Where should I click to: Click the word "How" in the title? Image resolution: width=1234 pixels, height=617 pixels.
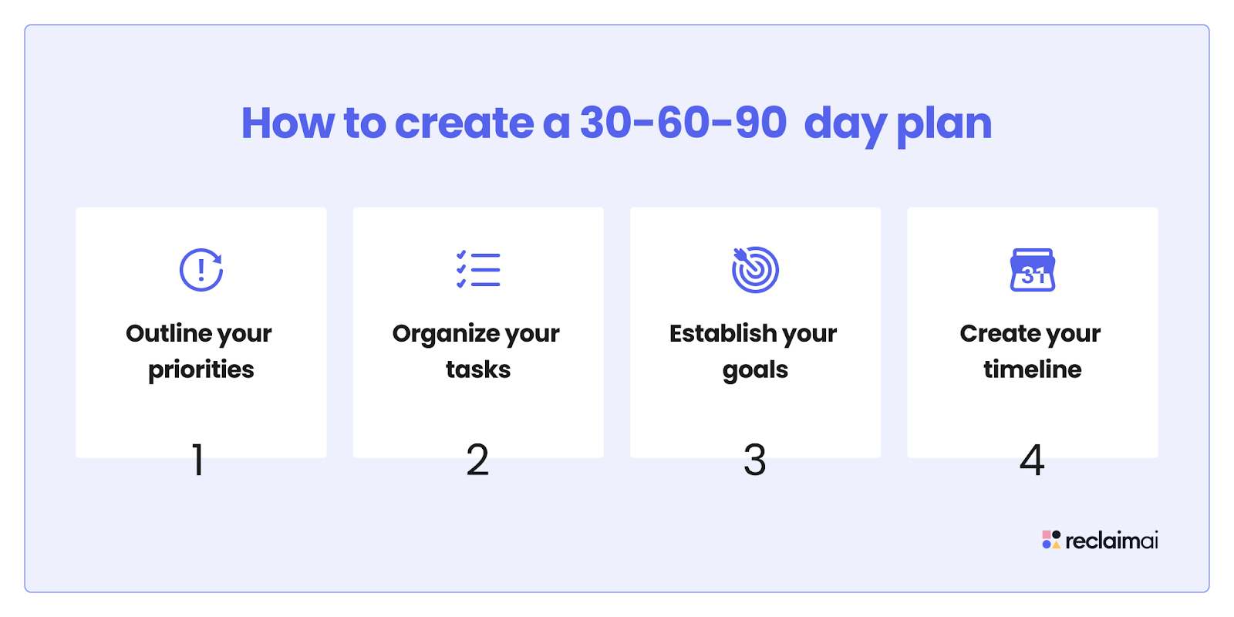pyautogui.click(x=288, y=123)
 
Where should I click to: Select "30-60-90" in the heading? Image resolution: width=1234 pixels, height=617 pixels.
pyautogui.click(x=683, y=123)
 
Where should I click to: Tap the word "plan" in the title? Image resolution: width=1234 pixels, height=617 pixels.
pyautogui.click(x=944, y=126)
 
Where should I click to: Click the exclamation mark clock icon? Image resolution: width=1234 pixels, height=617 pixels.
pyautogui.click(x=201, y=269)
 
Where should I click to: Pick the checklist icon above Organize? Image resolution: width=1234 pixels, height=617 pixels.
pyautogui.click(x=478, y=269)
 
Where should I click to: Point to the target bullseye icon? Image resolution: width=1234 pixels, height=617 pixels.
pyautogui.click(x=755, y=269)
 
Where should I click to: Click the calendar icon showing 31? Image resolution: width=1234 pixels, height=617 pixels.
pyautogui.click(x=1033, y=269)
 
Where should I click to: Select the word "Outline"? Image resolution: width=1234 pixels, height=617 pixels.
pyautogui.click(x=169, y=333)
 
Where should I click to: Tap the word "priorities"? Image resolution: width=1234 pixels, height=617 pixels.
pyautogui.click(x=201, y=370)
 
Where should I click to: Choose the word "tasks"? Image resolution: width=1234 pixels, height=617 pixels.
pyautogui.click(x=478, y=369)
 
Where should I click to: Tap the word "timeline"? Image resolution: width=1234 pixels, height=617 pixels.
pyautogui.click(x=1033, y=369)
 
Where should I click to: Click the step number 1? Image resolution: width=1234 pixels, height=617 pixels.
pyautogui.click(x=198, y=460)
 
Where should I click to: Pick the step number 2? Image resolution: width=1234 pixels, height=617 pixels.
pyautogui.click(x=477, y=460)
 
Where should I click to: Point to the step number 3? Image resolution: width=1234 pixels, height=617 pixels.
pyautogui.click(x=755, y=460)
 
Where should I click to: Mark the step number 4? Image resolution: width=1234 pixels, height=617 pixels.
pyautogui.click(x=1032, y=460)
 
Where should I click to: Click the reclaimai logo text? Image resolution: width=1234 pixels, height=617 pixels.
pyautogui.click(x=1111, y=541)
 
